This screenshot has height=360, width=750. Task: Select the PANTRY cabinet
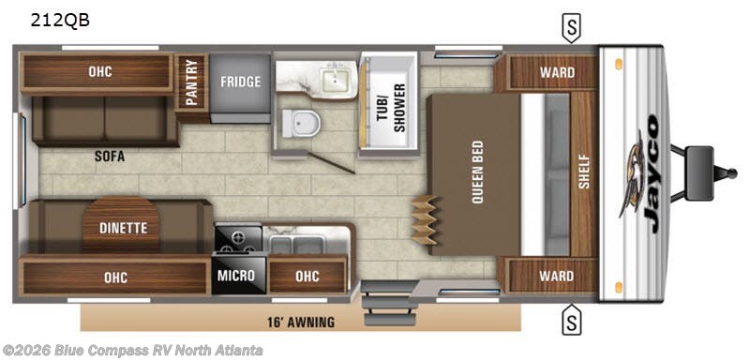point(192,83)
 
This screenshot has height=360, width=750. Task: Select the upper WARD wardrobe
point(557,72)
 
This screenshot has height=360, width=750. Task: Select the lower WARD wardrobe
point(557,277)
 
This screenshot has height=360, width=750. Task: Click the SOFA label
point(109,157)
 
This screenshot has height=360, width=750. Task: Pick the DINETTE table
point(121,226)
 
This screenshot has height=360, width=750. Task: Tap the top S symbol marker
point(569,28)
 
